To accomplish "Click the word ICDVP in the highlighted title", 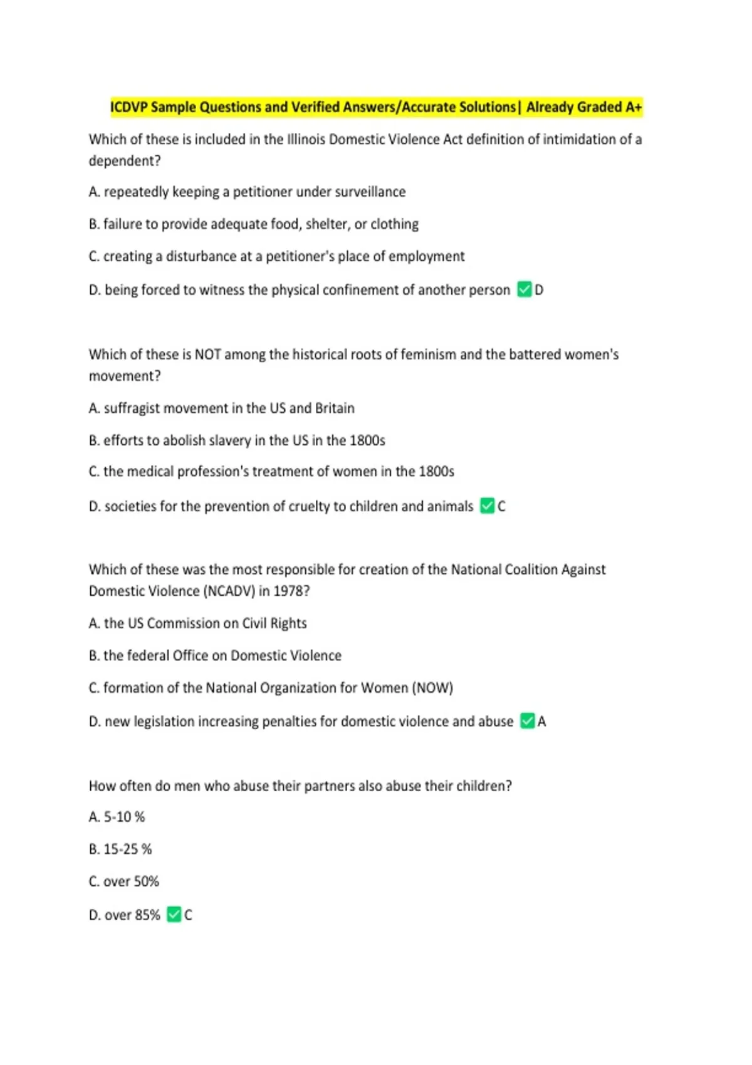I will [x=129, y=107].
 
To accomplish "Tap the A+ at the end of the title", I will [x=633, y=107].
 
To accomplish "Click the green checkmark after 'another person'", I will [x=525, y=289].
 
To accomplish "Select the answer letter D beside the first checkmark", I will [x=539, y=290].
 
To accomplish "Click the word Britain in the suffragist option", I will [x=335, y=408].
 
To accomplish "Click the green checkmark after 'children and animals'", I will [x=488, y=506].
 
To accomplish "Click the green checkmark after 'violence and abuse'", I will [x=528, y=721].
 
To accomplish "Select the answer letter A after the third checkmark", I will [x=542, y=722].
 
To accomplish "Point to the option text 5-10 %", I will [x=124, y=817].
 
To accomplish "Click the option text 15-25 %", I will [x=128, y=849].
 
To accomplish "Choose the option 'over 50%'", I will [x=131, y=881].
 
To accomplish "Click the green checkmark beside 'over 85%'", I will [x=174, y=915].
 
